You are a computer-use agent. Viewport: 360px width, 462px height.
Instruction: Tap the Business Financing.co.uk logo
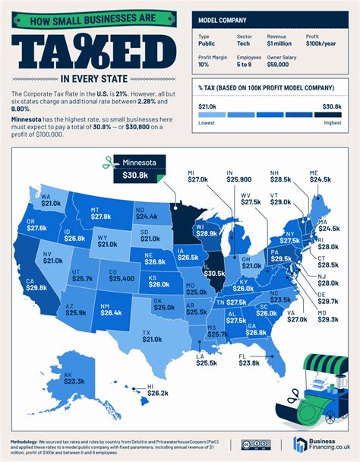tap(318, 445)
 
